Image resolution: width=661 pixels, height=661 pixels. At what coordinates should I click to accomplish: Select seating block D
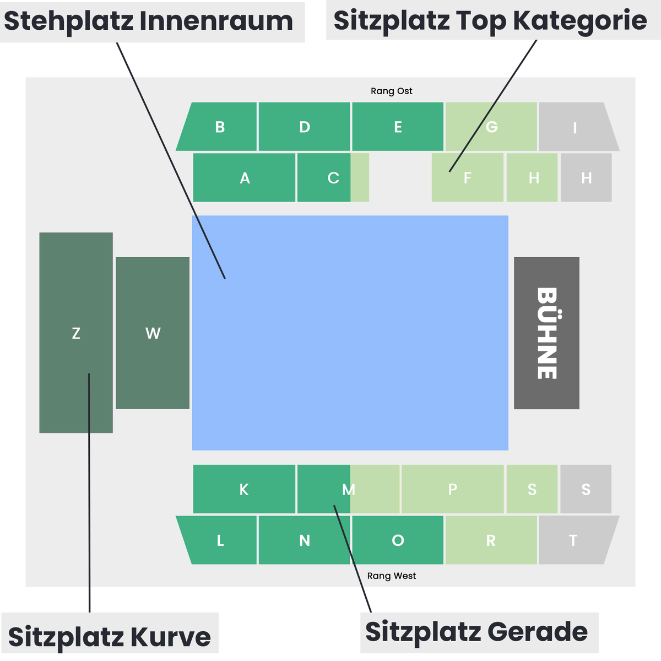304,127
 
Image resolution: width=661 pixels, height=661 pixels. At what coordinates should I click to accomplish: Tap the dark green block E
398,127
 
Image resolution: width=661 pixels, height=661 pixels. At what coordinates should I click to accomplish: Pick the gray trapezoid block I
577,127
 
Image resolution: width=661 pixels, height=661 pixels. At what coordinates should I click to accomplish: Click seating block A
244,177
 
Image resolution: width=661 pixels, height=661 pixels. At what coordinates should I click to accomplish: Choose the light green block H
532,177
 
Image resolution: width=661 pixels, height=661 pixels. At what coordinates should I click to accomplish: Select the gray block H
586,177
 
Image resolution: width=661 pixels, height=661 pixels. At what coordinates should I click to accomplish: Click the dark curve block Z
76,333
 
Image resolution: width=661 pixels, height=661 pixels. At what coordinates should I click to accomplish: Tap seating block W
153,333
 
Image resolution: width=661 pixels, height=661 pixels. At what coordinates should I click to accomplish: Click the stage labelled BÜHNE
546,333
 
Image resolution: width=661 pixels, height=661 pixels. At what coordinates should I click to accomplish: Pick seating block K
244,489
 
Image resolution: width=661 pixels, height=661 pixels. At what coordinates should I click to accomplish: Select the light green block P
452,489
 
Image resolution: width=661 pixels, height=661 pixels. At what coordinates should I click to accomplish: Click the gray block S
586,489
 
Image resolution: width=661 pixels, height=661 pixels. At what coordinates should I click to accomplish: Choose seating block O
398,540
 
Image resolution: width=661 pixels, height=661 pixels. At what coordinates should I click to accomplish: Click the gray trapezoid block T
577,540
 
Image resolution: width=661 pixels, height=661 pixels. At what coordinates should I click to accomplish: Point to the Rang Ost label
392,91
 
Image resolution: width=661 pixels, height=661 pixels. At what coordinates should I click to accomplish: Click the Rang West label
392,576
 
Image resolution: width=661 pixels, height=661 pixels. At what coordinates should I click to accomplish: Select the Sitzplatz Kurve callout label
110,637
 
